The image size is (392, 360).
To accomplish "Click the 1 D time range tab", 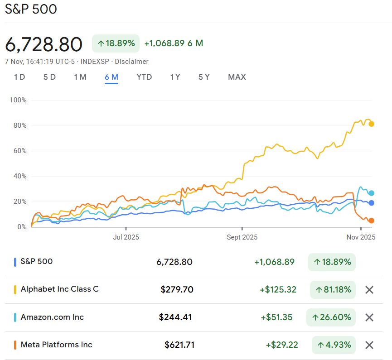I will (19, 77).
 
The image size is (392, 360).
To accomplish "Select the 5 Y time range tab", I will (204, 77).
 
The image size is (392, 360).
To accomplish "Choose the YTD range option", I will (144, 77).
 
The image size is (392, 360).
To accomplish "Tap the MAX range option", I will (237, 77).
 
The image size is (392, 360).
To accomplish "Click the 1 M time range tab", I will (80, 77).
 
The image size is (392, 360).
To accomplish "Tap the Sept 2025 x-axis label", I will (242, 237).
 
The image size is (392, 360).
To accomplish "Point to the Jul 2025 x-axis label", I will (126, 237).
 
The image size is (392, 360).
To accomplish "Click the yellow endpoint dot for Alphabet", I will (371, 124).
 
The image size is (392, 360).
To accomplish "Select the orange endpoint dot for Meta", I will (371, 221).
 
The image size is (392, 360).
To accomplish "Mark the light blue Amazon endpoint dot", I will (371, 193).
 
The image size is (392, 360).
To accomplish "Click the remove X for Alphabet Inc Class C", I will (369, 290).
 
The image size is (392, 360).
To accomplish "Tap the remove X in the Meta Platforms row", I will (369, 345).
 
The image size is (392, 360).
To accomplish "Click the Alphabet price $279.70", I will (177, 289).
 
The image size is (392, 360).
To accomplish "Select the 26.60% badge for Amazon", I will (331, 317).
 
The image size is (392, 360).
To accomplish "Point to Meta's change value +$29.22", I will (282, 345).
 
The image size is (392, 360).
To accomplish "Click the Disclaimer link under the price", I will (132, 62).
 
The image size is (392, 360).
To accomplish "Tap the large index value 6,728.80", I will (44, 44).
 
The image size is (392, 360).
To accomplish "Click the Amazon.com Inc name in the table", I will (52, 317).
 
